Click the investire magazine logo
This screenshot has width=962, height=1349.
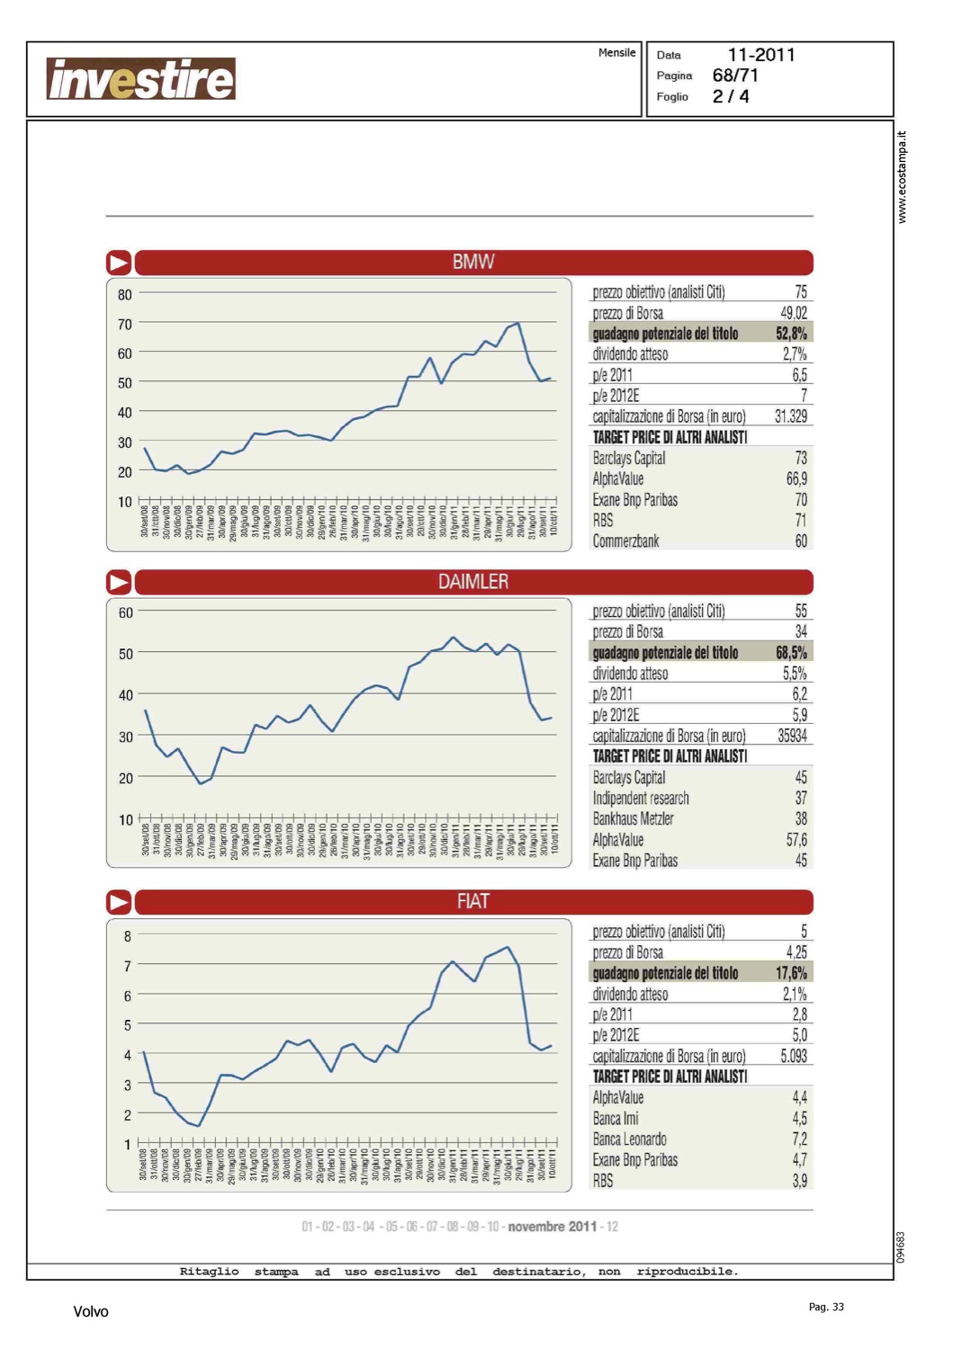(140, 79)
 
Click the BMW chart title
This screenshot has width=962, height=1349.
(473, 262)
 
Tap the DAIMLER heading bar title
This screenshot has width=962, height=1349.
(473, 582)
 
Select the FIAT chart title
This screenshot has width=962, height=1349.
(473, 901)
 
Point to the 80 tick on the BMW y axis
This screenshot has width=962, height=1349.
(124, 294)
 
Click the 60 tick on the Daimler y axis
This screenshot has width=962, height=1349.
(125, 612)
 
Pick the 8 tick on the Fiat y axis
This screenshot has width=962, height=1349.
(128, 936)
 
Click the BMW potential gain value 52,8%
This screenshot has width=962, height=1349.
(791, 334)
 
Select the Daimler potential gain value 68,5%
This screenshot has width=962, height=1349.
(791, 653)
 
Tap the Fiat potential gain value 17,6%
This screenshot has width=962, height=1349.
(791, 973)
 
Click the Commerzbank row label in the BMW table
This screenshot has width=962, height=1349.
(625, 541)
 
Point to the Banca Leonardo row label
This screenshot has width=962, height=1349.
(629, 1139)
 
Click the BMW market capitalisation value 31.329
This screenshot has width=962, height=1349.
(790, 416)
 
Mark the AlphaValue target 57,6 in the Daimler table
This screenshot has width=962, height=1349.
(796, 840)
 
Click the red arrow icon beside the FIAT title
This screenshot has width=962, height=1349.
(119, 902)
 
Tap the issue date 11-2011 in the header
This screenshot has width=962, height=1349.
(761, 55)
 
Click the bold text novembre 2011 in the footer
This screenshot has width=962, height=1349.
(552, 1227)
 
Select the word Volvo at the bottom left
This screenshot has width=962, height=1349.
(91, 1311)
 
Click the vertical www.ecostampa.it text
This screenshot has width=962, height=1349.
(903, 177)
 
